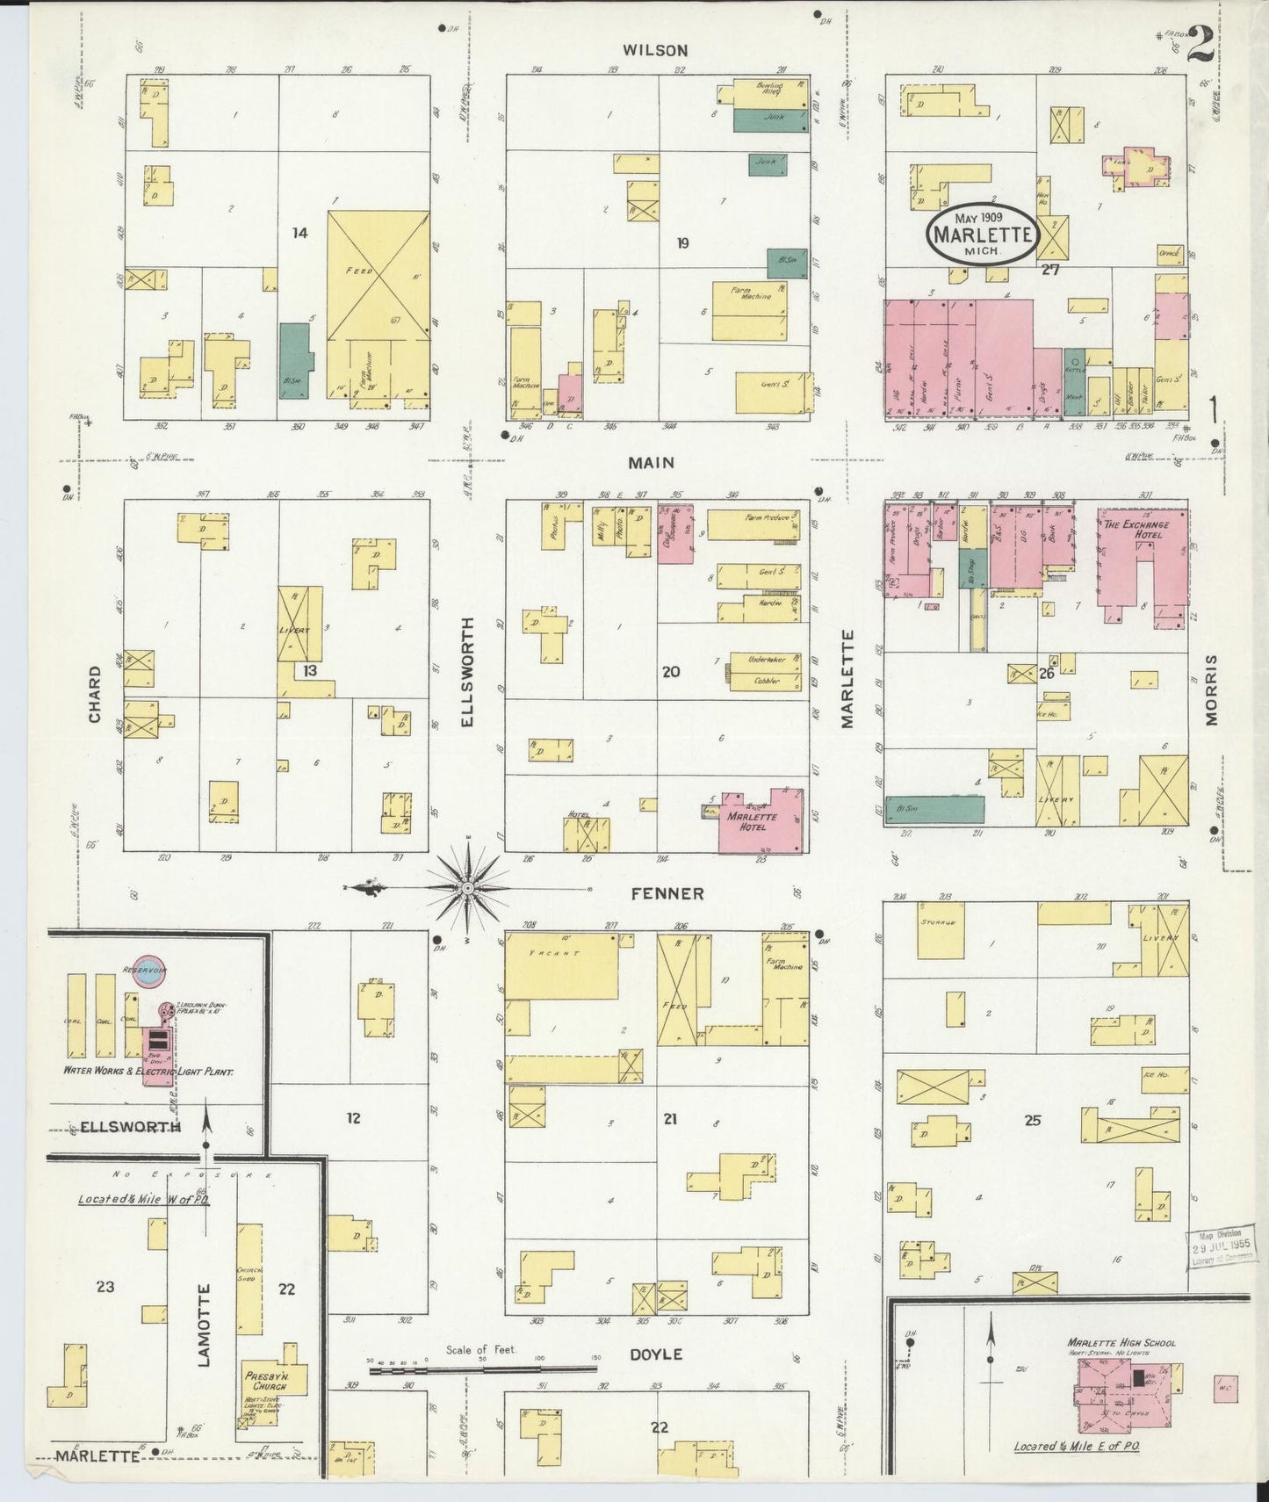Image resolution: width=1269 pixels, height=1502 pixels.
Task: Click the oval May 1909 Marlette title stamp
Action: pyautogui.click(x=983, y=234)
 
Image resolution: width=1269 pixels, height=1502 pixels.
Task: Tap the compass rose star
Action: pyautogui.click(x=468, y=889)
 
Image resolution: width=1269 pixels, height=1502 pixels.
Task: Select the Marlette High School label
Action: pyautogui.click(x=1121, y=1343)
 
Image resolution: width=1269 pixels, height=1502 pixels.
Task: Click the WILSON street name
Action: pyautogui.click(x=654, y=51)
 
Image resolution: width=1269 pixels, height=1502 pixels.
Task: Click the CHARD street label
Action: pyautogui.click(x=94, y=694)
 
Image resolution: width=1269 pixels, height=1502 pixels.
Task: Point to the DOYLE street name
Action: pyautogui.click(x=656, y=1354)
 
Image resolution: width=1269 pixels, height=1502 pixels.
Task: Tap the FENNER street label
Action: pyautogui.click(x=667, y=893)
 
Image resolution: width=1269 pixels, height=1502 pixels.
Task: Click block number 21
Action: pyautogui.click(x=670, y=1119)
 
